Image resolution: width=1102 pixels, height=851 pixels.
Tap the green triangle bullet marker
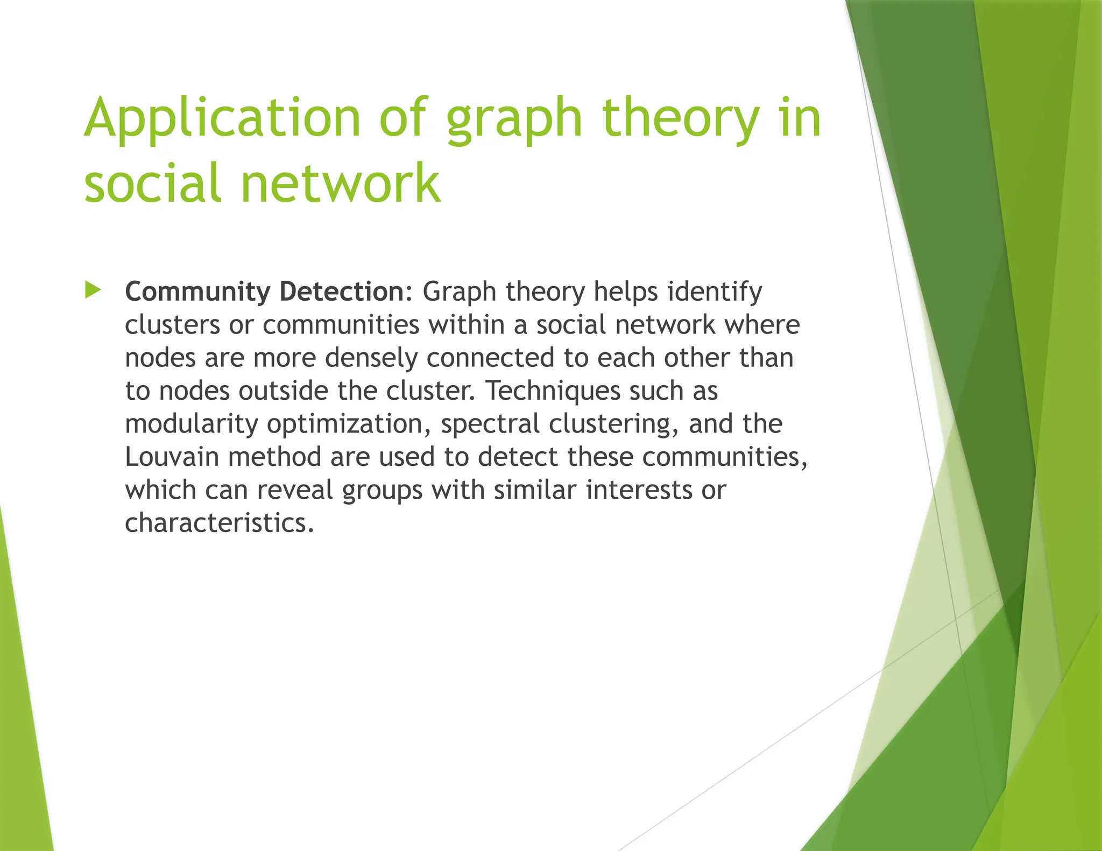coord(93,290)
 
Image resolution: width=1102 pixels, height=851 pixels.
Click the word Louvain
coord(172,457)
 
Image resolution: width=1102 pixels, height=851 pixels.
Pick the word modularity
coord(192,424)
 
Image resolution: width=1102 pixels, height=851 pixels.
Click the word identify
coord(715,292)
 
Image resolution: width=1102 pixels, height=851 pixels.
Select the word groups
coord(382,491)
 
